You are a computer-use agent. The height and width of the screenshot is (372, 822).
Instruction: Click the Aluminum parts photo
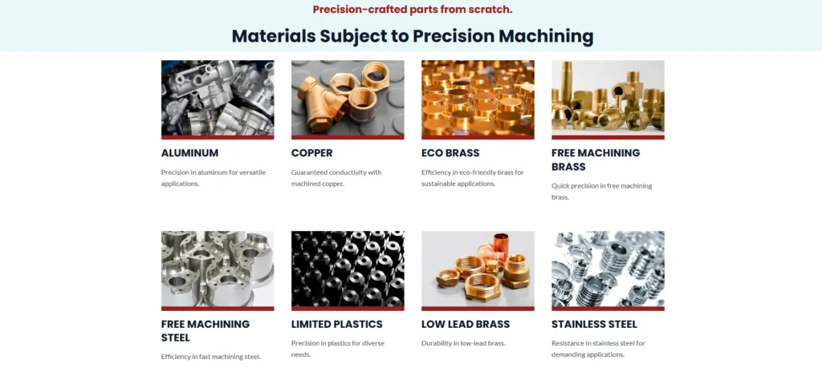tap(218, 98)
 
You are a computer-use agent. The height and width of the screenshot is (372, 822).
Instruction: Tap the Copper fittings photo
tap(348, 98)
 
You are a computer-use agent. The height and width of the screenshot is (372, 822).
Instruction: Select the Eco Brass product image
tap(478, 98)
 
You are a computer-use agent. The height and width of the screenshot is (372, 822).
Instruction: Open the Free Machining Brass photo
tap(608, 98)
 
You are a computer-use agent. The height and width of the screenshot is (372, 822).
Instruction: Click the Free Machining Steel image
tap(218, 269)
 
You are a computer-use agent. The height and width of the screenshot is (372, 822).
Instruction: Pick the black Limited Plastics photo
tap(348, 269)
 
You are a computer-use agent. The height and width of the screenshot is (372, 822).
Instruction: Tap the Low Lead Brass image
tap(478, 269)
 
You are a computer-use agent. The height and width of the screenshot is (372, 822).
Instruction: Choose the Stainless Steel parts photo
tap(608, 269)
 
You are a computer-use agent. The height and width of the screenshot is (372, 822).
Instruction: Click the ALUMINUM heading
tap(189, 153)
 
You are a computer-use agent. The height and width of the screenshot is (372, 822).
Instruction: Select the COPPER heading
tap(312, 153)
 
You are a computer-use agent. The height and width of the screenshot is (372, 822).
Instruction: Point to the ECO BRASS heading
tap(450, 153)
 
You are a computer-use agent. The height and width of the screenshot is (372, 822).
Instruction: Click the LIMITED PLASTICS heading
tap(337, 325)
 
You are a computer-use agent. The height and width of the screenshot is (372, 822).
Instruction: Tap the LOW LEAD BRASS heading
tap(466, 325)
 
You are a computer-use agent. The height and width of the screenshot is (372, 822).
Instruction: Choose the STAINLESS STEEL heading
tap(595, 325)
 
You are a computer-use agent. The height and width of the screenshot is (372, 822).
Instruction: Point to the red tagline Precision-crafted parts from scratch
tap(413, 10)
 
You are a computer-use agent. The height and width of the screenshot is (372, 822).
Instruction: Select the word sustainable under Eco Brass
tap(439, 184)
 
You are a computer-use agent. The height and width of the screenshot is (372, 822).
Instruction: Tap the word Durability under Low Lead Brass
tap(437, 343)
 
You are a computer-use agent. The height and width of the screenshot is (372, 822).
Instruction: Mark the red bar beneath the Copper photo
tap(348, 137)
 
